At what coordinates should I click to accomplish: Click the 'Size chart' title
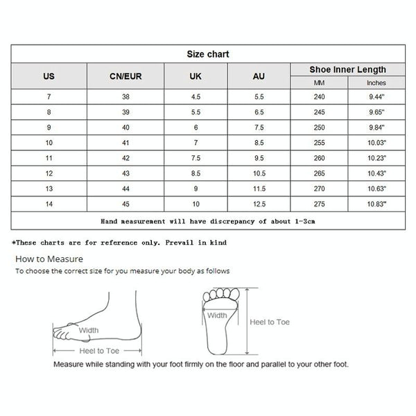208,54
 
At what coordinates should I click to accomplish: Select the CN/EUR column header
125,76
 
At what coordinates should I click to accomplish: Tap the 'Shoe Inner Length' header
347,69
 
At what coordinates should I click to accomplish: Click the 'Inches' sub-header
376,83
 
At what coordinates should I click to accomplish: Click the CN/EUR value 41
125,144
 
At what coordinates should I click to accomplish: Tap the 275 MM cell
319,205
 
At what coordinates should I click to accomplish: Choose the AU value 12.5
259,205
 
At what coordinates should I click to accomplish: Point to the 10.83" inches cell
376,205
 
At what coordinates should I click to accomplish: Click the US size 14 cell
49,205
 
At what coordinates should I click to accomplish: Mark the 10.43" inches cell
376,174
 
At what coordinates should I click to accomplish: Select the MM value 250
319,128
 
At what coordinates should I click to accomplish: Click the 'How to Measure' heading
49,259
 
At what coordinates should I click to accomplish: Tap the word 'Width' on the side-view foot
88,331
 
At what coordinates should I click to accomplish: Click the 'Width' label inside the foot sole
216,315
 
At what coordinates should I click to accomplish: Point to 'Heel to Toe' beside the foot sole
270,322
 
